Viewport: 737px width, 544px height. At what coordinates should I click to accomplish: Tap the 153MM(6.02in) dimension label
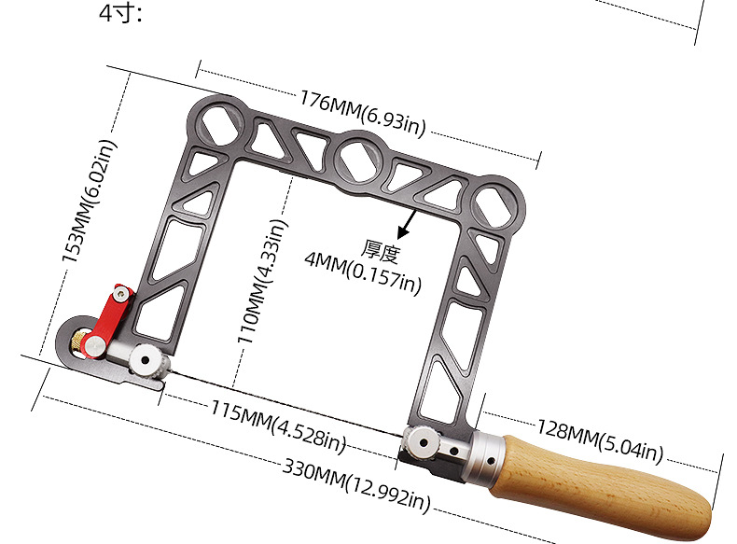[89, 201]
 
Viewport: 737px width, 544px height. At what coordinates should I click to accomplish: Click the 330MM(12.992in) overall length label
[356, 485]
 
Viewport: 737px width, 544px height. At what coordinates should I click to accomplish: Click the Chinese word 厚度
[382, 251]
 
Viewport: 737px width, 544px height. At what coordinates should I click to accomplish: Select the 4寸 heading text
[120, 12]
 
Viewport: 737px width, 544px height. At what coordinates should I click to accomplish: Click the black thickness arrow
[407, 224]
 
